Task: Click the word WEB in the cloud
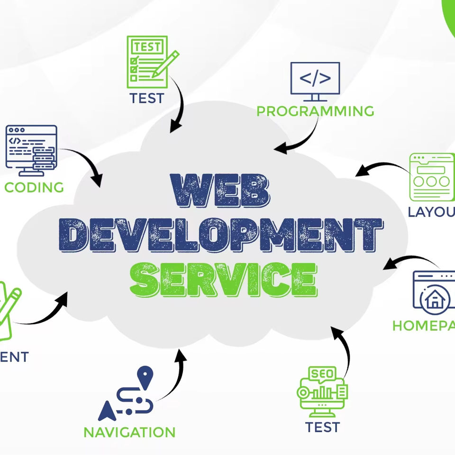pyautogui.click(x=222, y=191)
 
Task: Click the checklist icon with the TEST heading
pyautogui.click(x=147, y=62)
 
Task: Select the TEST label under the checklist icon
pyautogui.click(x=147, y=99)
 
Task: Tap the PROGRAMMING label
pyautogui.click(x=315, y=111)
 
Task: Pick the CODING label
pyautogui.click(x=34, y=187)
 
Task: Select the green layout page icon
pyautogui.click(x=432, y=176)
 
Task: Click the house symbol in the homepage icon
pyautogui.click(x=433, y=300)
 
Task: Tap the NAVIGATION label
pyautogui.click(x=129, y=432)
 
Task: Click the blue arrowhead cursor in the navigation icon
pyautogui.click(x=107, y=411)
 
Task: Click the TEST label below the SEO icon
pyautogui.click(x=322, y=427)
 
